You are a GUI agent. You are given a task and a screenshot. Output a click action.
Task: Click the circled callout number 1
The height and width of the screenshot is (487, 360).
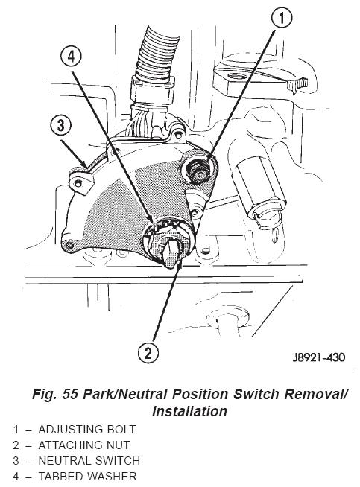click(x=282, y=18)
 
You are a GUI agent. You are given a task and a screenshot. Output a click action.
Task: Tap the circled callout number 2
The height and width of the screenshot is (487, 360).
click(x=148, y=353)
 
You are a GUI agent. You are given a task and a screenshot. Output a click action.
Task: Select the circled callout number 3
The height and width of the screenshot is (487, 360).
click(x=60, y=126)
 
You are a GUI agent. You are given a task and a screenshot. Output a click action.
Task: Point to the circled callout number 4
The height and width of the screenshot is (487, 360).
click(x=72, y=57)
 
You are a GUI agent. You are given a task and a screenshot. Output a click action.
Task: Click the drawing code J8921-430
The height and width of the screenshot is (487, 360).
click(x=318, y=357)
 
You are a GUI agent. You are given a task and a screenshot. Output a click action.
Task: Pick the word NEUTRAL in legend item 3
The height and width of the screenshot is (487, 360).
click(x=65, y=460)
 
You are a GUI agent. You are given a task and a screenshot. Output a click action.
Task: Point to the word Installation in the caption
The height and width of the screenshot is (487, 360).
click(x=189, y=411)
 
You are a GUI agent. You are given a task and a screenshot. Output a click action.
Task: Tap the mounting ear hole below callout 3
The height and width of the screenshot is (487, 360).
click(x=78, y=184)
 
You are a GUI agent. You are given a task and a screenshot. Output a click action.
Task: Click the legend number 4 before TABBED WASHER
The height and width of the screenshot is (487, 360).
click(x=16, y=476)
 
